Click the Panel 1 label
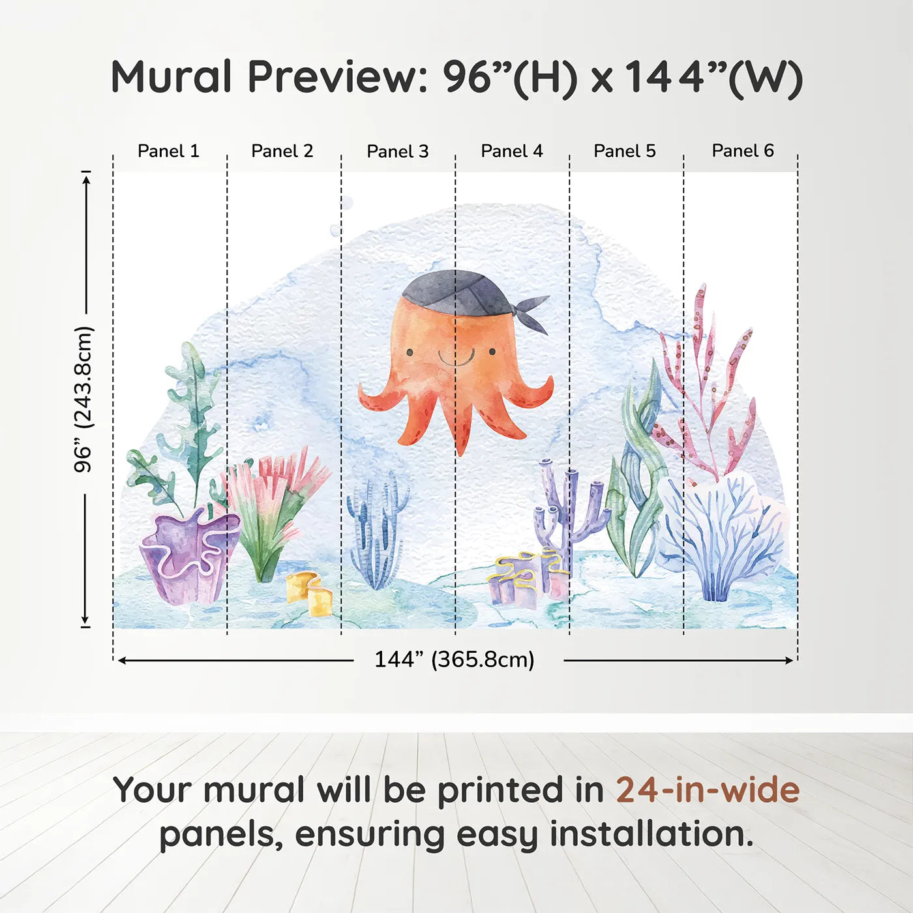pos(168,151)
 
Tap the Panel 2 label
pos(282,151)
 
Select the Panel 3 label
pos(398,152)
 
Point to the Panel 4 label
pos(512,151)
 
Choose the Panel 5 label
pos(625,151)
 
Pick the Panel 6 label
pos(743,151)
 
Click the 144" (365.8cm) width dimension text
pos(455,660)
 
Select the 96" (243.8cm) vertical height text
pos(84,399)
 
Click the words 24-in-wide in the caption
pos(708,790)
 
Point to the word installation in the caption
pos(651,835)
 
